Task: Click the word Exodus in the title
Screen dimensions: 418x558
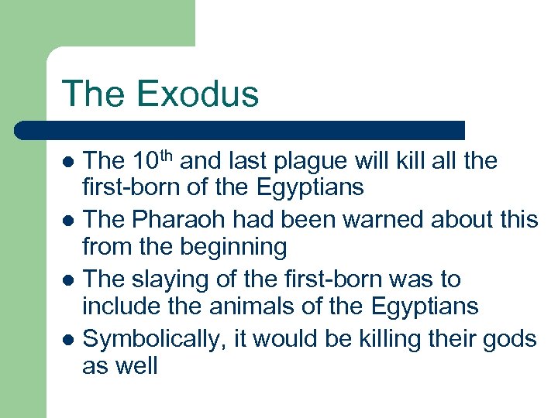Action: (x=198, y=94)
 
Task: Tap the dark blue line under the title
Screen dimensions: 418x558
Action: (x=240, y=130)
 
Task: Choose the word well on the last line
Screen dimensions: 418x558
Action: (x=136, y=365)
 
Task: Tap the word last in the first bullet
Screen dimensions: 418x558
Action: (x=243, y=162)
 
